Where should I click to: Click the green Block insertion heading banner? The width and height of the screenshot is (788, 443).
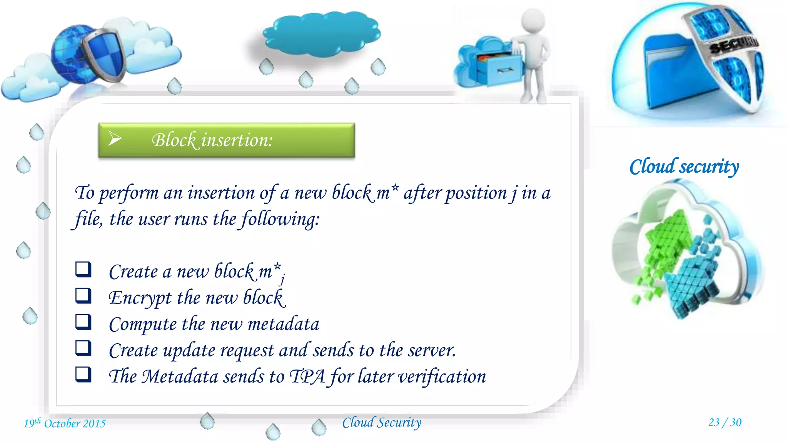click(226, 140)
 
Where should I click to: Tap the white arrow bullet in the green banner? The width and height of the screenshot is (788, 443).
click(115, 138)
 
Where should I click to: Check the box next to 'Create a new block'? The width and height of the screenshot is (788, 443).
click(83, 269)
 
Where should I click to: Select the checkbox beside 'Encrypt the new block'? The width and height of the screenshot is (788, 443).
click(83, 296)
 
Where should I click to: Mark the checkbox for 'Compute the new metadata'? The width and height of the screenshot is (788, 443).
click(83, 322)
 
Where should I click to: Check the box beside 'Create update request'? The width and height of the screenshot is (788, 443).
click(83, 348)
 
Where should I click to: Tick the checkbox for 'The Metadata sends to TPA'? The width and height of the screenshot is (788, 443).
click(83, 374)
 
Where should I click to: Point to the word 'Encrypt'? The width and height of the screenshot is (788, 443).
click(140, 298)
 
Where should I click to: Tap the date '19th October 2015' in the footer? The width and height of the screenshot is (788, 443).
click(65, 423)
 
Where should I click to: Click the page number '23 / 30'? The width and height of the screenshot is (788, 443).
click(725, 422)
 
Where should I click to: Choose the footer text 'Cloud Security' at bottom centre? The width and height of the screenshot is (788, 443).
click(382, 423)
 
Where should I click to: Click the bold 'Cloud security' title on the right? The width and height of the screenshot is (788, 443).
click(684, 167)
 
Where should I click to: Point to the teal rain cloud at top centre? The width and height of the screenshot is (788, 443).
click(322, 34)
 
